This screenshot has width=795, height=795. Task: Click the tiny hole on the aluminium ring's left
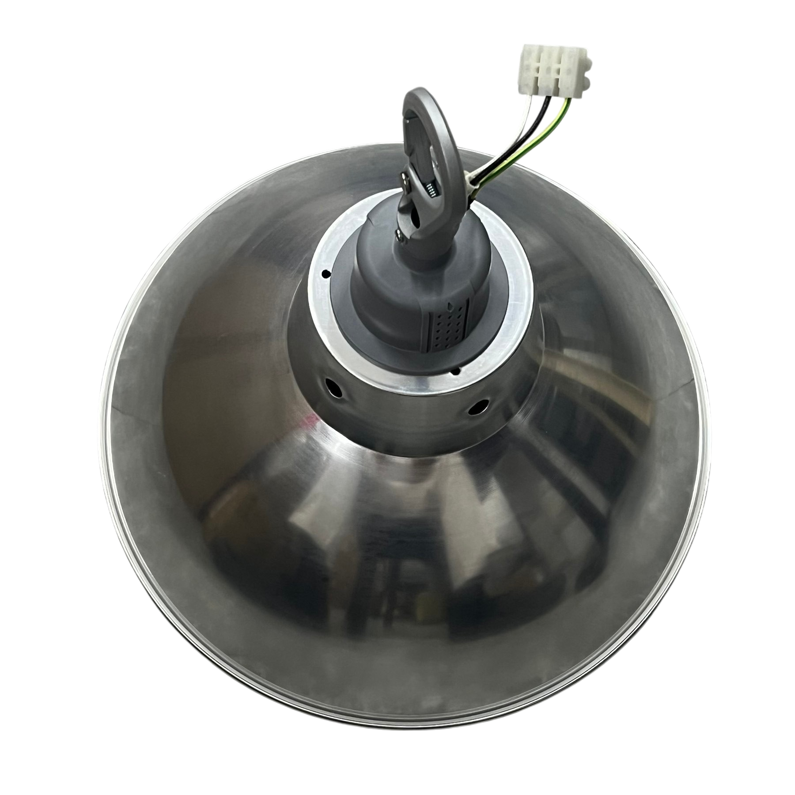pos(326,274)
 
